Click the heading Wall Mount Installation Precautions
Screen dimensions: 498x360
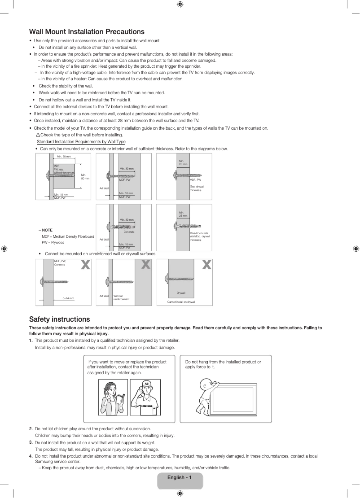click(x=87, y=31)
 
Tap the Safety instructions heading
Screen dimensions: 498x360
click(x=59, y=319)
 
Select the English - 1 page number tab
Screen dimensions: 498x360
click(x=180, y=477)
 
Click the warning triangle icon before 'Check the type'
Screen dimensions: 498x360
click(x=38, y=135)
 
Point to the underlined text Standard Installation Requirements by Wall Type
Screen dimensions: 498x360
click(x=81, y=142)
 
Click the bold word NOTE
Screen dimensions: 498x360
click(x=47, y=230)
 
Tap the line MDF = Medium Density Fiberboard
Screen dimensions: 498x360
click(x=68, y=236)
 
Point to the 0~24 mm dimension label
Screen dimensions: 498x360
click(x=68, y=298)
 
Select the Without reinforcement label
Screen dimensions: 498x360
click(x=121, y=297)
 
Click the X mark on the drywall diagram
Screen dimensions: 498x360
click(x=206, y=265)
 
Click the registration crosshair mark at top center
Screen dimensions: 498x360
click(x=180, y=4)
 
